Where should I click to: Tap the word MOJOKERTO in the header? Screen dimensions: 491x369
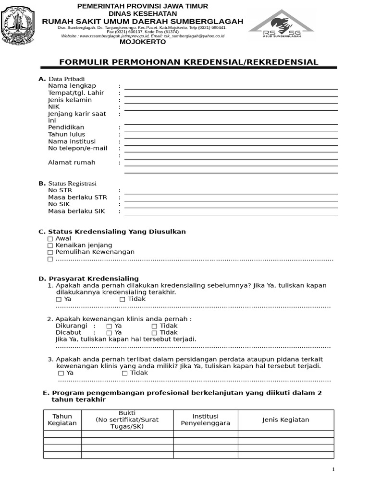[143, 42]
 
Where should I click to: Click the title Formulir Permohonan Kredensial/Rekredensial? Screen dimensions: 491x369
[188, 62]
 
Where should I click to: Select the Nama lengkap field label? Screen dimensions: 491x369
[72, 86]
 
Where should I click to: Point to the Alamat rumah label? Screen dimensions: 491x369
[72, 163]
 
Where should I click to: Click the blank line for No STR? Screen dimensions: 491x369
[231, 193]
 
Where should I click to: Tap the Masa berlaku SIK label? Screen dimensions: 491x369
[76, 211]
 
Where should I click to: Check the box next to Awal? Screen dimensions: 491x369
[50, 239]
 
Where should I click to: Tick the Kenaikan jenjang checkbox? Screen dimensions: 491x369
[50, 245]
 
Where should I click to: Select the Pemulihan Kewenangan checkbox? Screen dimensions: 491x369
[50, 252]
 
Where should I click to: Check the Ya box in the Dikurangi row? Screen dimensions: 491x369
[109, 326]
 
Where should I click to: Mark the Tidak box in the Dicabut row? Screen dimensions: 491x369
[154, 333]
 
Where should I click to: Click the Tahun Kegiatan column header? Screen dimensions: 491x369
[62, 420]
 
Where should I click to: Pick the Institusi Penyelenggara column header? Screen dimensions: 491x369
[205, 420]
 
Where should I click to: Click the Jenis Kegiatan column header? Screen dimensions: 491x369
[285, 420]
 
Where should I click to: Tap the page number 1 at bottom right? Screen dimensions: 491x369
[333, 469]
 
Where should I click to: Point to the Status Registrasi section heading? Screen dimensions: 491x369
[72, 184]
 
